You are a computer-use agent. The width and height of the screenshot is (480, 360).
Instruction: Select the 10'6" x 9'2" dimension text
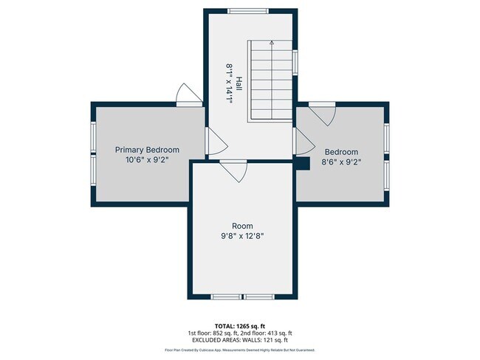tap(147, 159)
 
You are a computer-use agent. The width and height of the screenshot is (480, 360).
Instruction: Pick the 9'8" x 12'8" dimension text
tap(242, 237)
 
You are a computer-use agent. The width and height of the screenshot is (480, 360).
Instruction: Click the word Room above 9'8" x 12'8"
tap(242, 226)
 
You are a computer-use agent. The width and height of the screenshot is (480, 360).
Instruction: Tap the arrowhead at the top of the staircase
tap(272, 44)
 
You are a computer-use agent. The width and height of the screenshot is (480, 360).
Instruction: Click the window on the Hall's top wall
tap(249, 11)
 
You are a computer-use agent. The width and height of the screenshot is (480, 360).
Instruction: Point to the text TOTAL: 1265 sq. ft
tap(240, 325)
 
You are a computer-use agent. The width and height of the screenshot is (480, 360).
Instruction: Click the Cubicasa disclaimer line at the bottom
tap(240, 351)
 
